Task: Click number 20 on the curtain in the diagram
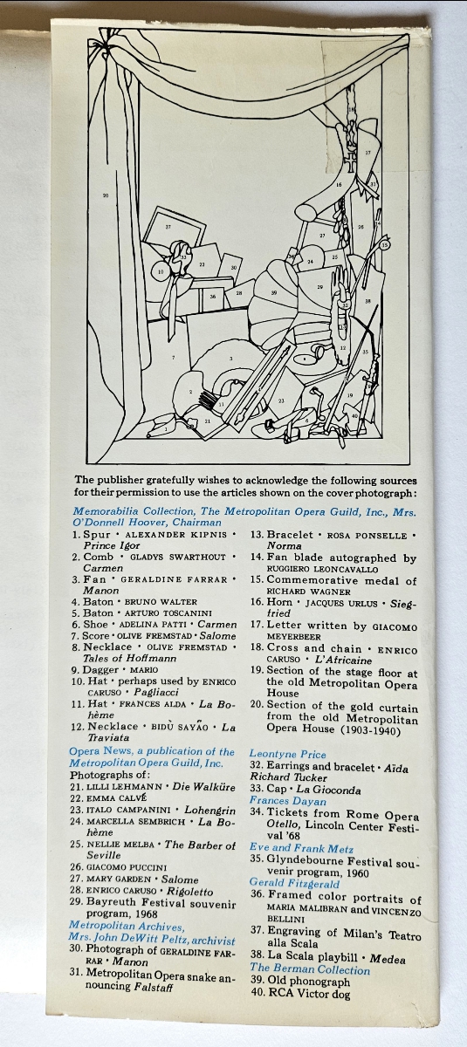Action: coord(106,195)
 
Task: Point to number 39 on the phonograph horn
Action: coord(274,293)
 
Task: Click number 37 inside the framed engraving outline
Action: coord(168,227)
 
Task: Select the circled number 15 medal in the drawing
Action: coord(385,244)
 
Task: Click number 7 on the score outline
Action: coord(173,358)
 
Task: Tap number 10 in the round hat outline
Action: coord(161,271)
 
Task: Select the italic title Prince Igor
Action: coord(112,545)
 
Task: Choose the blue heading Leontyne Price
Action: coord(287,754)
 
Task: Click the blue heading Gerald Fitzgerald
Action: coord(294,882)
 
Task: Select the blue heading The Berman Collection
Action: coord(310,969)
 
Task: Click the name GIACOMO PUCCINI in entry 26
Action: coord(127,867)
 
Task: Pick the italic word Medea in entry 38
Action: coord(388,959)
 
